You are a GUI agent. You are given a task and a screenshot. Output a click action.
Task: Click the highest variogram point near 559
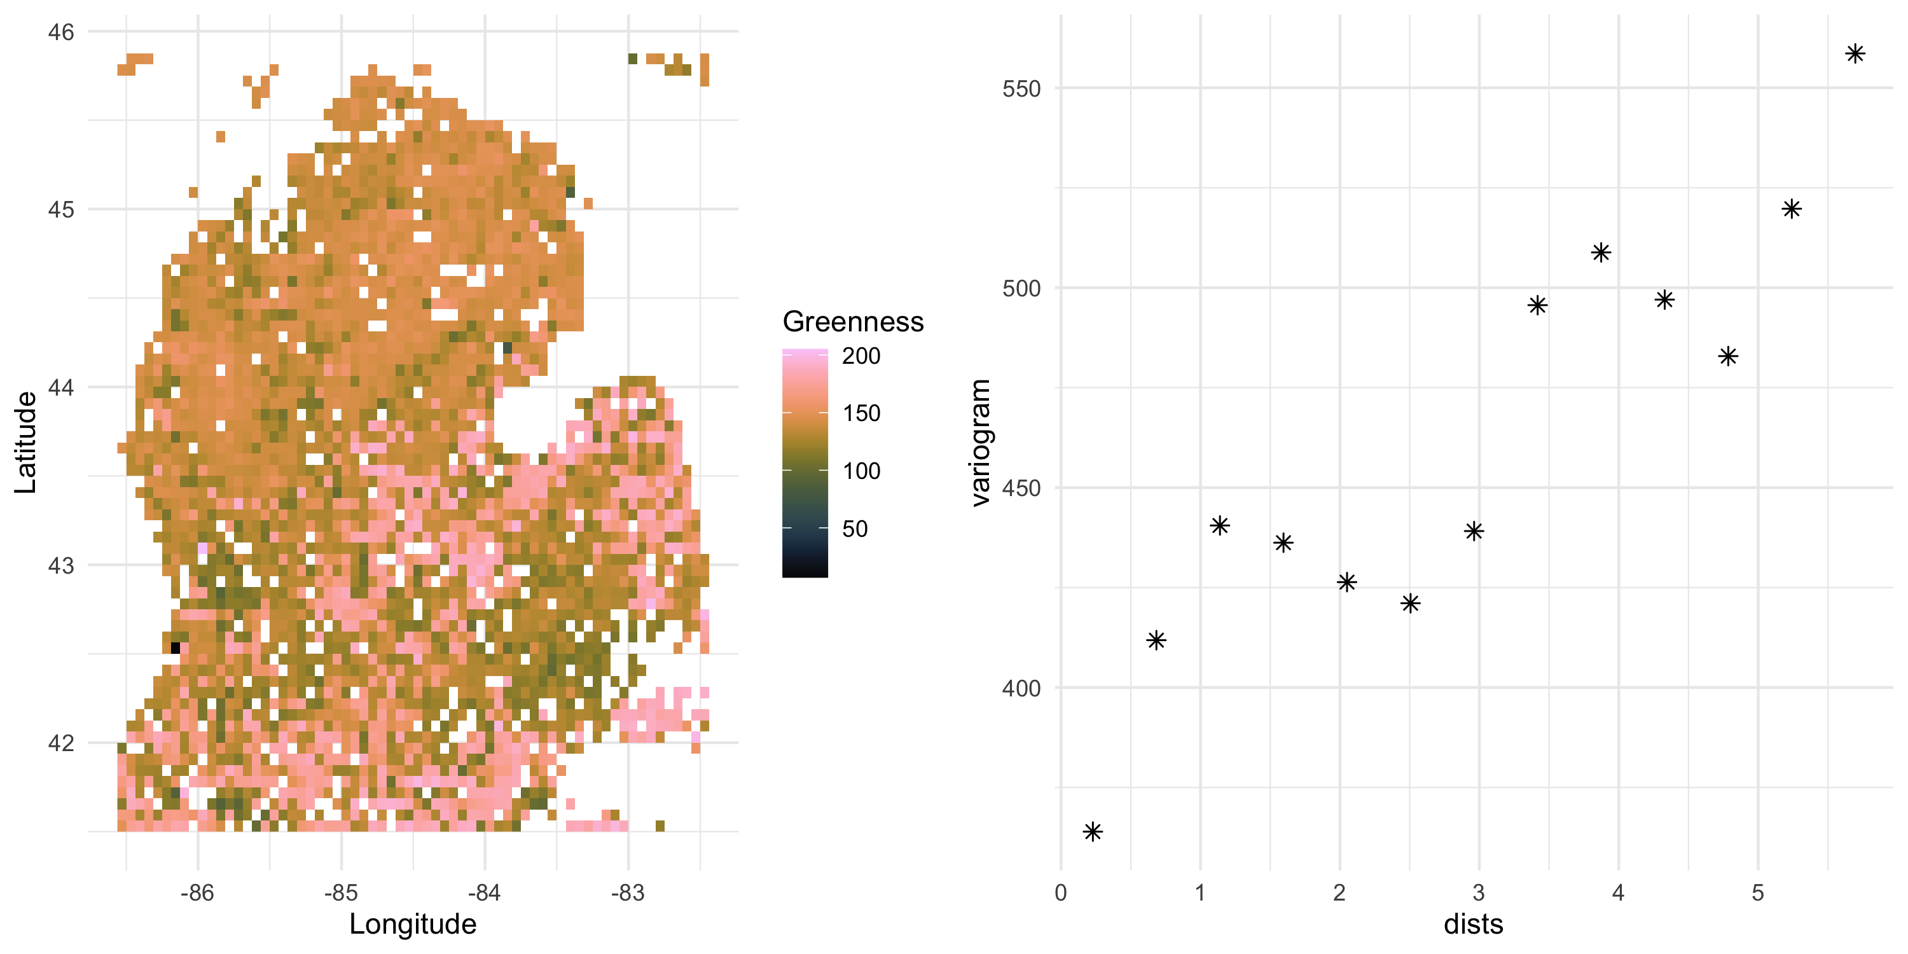coord(1855,53)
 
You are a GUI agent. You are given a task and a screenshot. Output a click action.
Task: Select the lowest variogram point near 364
coord(1093,832)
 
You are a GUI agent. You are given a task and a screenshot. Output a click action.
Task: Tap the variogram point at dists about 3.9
coord(1601,252)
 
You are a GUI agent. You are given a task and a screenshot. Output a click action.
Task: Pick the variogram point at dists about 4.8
coord(1728,356)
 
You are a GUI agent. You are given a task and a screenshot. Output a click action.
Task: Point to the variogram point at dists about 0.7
coord(1156,640)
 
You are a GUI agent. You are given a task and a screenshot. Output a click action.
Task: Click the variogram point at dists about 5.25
coord(1791,209)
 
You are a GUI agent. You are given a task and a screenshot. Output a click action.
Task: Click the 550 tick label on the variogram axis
coord(1021,89)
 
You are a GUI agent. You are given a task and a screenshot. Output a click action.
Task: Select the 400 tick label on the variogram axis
coord(1021,688)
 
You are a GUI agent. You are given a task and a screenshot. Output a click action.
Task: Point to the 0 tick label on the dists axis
coord(1061,892)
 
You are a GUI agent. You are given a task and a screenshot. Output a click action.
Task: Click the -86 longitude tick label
coord(197,892)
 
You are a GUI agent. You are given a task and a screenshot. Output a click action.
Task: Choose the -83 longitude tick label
coord(628,892)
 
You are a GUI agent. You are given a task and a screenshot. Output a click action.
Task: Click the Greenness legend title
coord(852,321)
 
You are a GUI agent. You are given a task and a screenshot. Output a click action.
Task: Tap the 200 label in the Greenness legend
coord(861,356)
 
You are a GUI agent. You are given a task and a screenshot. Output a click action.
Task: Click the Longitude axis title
coord(413,923)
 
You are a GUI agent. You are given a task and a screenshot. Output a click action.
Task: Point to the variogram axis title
coord(980,442)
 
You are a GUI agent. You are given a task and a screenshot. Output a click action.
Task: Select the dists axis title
coord(1473,923)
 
